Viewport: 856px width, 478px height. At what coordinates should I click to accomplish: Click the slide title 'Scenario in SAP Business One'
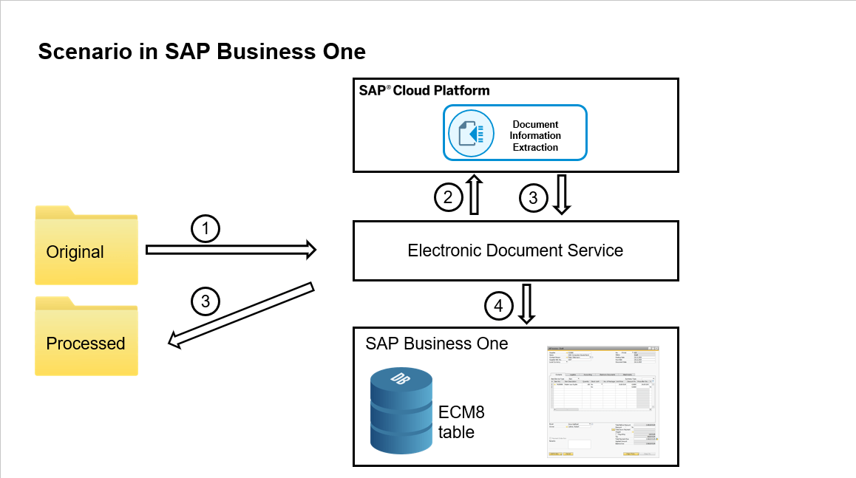(x=202, y=52)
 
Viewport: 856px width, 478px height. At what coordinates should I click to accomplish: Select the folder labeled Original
(x=86, y=246)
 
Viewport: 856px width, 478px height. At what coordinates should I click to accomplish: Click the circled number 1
(x=206, y=230)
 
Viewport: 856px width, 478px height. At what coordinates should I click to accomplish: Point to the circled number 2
(x=447, y=197)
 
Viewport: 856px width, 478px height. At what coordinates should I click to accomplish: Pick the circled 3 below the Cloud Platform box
(x=534, y=197)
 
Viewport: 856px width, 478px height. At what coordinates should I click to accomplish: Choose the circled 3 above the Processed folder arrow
(x=206, y=301)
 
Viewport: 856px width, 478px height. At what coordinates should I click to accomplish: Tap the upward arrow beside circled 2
(x=474, y=194)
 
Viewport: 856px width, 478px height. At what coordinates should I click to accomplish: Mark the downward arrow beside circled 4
(x=527, y=304)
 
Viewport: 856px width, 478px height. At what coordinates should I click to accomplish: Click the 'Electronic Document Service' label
(x=515, y=250)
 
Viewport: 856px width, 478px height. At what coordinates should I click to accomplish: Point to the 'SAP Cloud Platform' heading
(x=424, y=91)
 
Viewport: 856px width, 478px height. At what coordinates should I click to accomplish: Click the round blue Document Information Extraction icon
(x=471, y=133)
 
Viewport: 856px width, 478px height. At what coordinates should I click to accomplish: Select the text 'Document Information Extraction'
(x=535, y=136)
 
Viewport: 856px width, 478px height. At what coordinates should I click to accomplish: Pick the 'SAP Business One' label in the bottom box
(x=437, y=344)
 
